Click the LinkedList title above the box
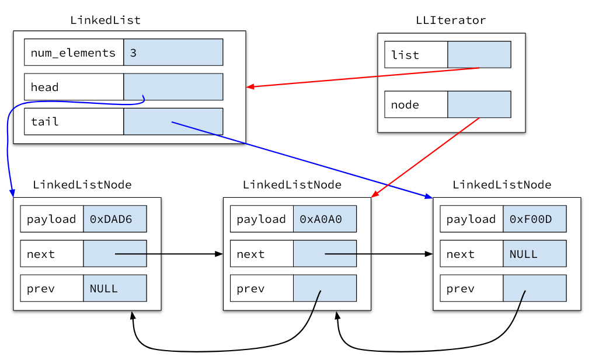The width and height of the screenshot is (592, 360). click(x=105, y=20)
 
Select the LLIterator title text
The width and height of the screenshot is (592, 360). click(x=450, y=20)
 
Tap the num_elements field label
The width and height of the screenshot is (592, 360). click(x=73, y=53)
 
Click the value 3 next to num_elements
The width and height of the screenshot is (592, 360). click(x=133, y=53)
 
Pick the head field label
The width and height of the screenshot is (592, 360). click(x=45, y=88)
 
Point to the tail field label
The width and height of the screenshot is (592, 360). click(x=45, y=122)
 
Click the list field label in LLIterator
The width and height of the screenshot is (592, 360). click(x=405, y=55)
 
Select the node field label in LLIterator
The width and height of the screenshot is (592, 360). click(x=405, y=105)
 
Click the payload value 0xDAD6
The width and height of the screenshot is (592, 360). click(x=111, y=219)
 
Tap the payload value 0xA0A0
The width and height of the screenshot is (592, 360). click(x=321, y=219)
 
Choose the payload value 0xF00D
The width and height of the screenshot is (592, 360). click(x=531, y=219)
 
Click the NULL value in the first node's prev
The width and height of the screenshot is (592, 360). click(x=104, y=289)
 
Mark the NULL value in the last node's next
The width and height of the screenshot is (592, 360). click(x=524, y=254)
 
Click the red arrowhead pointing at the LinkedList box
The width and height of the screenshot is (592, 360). click(x=250, y=87)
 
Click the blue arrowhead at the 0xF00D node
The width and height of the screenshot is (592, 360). click(x=429, y=195)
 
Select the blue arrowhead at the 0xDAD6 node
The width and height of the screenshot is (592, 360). click(x=12, y=193)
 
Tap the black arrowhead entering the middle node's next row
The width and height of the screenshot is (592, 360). click(x=220, y=254)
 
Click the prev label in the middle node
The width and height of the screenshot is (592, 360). click(x=250, y=289)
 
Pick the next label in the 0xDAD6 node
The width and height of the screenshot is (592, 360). click(x=41, y=254)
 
